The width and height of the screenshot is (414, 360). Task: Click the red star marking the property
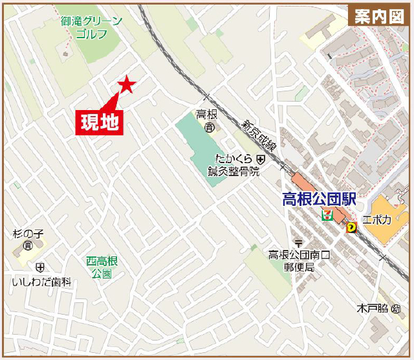point(126,84)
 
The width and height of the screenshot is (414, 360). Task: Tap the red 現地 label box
point(100,121)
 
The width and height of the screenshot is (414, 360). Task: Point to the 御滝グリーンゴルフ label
point(91,27)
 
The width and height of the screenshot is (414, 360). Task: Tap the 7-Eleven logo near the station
point(328,215)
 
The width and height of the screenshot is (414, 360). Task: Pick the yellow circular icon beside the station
point(351,227)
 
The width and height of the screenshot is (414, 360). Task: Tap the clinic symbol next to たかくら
point(260,159)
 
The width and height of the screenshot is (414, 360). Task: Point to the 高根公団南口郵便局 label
point(299,261)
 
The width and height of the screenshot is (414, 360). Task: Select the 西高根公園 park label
point(102,267)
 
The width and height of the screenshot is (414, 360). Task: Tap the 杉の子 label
point(27,233)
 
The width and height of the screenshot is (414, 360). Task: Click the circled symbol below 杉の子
point(27,245)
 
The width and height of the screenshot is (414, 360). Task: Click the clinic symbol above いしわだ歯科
point(40,267)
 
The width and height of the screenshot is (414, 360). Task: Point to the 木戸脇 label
point(373,308)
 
